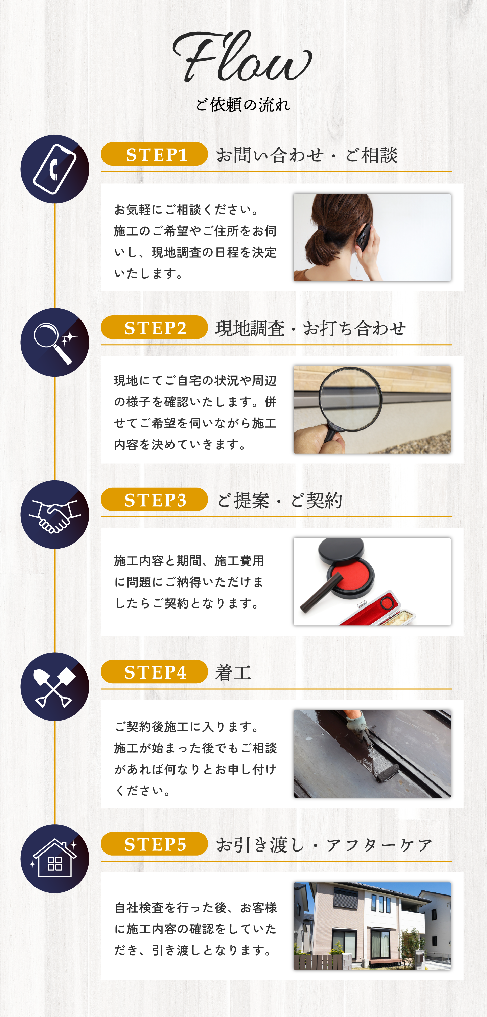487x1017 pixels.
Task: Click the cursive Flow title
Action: click(x=242, y=56)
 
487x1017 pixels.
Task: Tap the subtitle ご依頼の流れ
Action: click(x=243, y=105)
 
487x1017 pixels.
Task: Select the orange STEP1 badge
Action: click(x=154, y=154)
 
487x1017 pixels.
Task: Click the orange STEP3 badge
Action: click(x=154, y=500)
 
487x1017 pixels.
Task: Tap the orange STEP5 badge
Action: click(x=154, y=844)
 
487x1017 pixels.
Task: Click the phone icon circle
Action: click(x=55, y=169)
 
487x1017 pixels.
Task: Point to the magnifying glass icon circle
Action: click(x=55, y=342)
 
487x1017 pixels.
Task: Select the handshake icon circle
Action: click(x=55, y=514)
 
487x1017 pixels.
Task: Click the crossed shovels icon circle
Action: click(x=55, y=687)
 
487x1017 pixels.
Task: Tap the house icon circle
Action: click(x=55, y=859)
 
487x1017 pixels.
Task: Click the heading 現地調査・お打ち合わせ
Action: click(x=310, y=328)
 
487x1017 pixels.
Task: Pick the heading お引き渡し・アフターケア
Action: click(x=324, y=845)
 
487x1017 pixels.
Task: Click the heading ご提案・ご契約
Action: click(x=279, y=500)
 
